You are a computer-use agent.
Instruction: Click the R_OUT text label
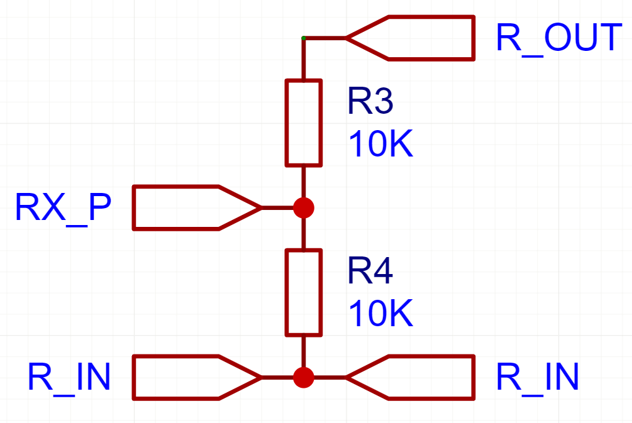[x=558, y=38]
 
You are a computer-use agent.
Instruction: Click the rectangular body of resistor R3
[x=304, y=123]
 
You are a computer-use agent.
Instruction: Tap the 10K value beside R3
[x=380, y=145]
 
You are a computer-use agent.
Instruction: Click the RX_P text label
[x=63, y=208]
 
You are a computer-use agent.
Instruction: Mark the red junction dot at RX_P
[x=304, y=207]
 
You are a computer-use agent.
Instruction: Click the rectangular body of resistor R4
[x=304, y=292]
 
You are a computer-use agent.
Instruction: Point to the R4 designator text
[x=370, y=272]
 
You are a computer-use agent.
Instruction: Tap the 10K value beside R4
[x=380, y=315]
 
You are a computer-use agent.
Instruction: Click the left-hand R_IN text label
[x=69, y=377]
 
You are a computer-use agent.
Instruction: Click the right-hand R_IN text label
[x=537, y=377]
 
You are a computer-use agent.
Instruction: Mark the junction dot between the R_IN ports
[x=304, y=377]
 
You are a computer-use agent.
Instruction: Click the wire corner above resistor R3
[x=304, y=39]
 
